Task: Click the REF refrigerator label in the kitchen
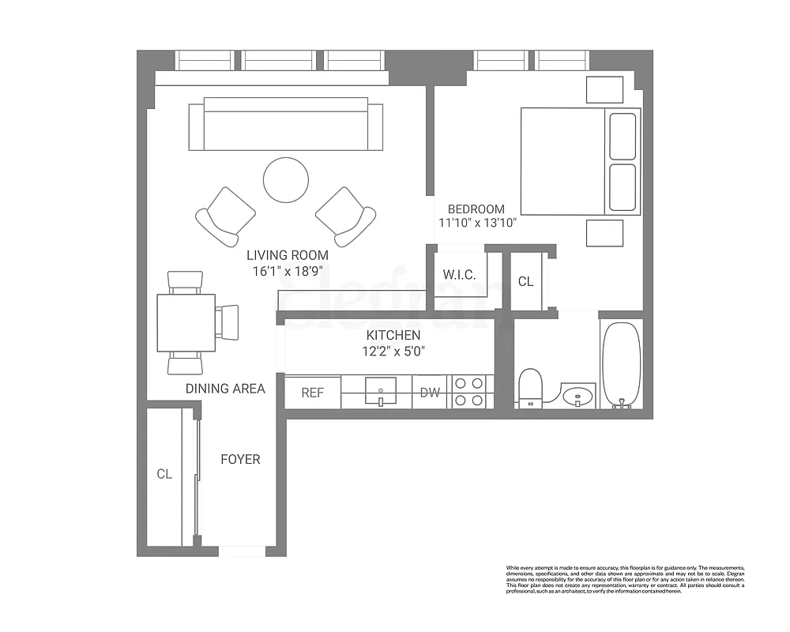pos(312,392)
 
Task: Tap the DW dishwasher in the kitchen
pos(430,392)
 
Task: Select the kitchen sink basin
pos(381,389)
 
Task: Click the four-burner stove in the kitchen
pos(468,392)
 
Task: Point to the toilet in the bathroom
pos(531,388)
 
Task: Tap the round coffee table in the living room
pos(287,181)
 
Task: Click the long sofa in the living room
pos(285,125)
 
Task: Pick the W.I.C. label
pos(459,275)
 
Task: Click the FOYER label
pos(240,459)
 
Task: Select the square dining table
pos(186,322)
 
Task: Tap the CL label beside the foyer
pos(164,474)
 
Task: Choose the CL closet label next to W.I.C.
pos(525,281)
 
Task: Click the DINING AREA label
pos(225,389)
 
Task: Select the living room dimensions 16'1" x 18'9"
pos(288,270)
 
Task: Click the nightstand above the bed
pos(604,89)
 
